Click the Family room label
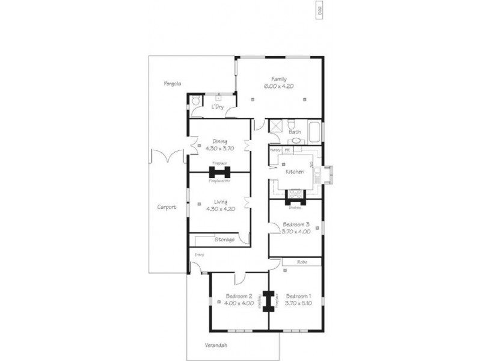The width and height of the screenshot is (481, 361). (278, 79)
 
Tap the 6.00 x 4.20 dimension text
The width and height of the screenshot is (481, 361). (278, 87)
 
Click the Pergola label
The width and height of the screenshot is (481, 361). (172, 83)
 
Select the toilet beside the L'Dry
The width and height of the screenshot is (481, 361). (197, 105)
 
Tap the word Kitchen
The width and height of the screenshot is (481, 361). (295, 172)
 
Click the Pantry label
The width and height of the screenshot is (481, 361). (275, 149)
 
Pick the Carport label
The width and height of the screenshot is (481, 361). (167, 207)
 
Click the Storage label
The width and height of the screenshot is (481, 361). (224, 239)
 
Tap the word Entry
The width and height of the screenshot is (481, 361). (199, 255)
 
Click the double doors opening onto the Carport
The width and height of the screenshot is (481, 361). (166, 157)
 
